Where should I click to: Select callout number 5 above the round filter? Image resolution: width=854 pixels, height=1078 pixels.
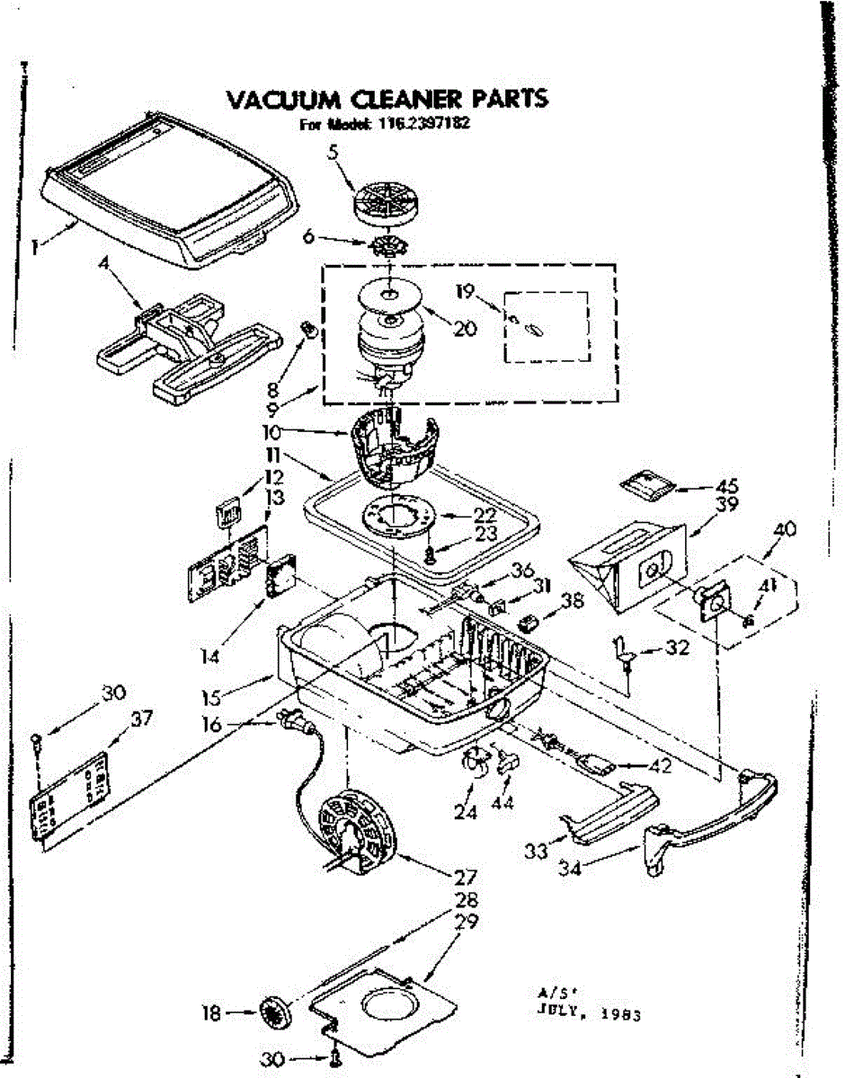(333, 154)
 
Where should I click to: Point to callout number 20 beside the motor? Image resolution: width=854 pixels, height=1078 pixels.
(465, 329)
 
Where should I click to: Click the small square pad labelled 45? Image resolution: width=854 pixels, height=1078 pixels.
(645, 487)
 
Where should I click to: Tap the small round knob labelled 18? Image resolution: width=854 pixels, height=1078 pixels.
(271, 1016)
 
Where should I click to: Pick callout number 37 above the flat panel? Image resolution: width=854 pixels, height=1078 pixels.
(142, 719)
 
